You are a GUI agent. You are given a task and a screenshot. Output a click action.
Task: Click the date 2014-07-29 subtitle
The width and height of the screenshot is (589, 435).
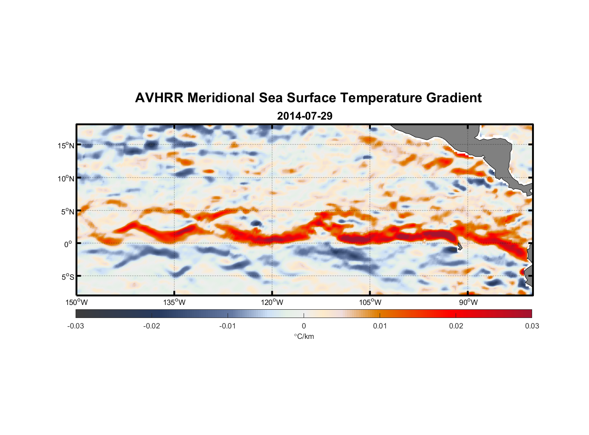click(x=304, y=116)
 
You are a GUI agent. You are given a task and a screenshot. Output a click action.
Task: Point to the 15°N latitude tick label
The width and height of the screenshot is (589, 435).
click(x=66, y=145)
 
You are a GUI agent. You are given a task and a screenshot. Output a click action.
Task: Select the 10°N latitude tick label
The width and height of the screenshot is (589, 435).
click(x=66, y=178)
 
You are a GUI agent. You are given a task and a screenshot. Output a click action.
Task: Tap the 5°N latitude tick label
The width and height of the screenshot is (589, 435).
click(x=67, y=211)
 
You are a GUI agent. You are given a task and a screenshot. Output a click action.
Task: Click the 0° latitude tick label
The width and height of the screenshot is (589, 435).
click(x=68, y=244)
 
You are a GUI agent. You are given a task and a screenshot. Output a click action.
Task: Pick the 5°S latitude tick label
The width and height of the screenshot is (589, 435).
click(x=67, y=277)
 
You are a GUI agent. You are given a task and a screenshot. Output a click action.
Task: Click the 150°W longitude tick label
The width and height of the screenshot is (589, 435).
click(x=76, y=302)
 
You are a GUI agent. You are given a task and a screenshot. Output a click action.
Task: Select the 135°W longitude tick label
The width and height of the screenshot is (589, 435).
click(x=174, y=302)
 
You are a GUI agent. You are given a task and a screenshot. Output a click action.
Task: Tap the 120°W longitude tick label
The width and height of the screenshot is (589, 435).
click(x=272, y=302)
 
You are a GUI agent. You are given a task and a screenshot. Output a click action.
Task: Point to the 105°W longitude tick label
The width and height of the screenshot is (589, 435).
click(x=370, y=302)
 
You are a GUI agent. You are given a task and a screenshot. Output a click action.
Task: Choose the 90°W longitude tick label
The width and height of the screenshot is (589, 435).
click(x=468, y=302)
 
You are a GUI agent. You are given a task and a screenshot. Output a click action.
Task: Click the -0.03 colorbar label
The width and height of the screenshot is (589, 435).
click(x=76, y=326)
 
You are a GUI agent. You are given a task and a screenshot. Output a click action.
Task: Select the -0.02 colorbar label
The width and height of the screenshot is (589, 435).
click(x=152, y=326)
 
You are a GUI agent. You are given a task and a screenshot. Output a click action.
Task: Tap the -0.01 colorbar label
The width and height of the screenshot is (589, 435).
click(x=228, y=326)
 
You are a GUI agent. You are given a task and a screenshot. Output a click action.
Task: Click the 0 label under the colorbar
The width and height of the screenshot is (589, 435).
click(x=304, y=326)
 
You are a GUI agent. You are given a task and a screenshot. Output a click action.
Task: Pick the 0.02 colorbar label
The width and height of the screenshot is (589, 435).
click(x=456, y=326)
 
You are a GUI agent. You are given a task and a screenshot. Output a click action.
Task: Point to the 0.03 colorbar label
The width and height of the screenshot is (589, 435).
click(x=532, y=326)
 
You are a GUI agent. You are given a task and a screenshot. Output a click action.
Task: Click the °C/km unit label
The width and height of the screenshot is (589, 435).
click(x=304, y=336)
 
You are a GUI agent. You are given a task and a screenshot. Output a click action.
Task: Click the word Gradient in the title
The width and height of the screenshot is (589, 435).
click(x=454, y=98)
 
